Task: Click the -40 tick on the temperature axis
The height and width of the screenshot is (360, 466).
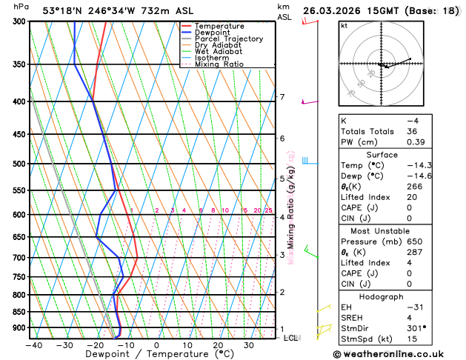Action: point(33,345)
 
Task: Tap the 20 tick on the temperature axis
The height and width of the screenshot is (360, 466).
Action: point(219,345)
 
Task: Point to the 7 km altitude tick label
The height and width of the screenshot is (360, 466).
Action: point(282,97)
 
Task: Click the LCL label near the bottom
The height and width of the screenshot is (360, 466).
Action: point(292,338)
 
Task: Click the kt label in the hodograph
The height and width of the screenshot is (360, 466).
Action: point(344,26)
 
